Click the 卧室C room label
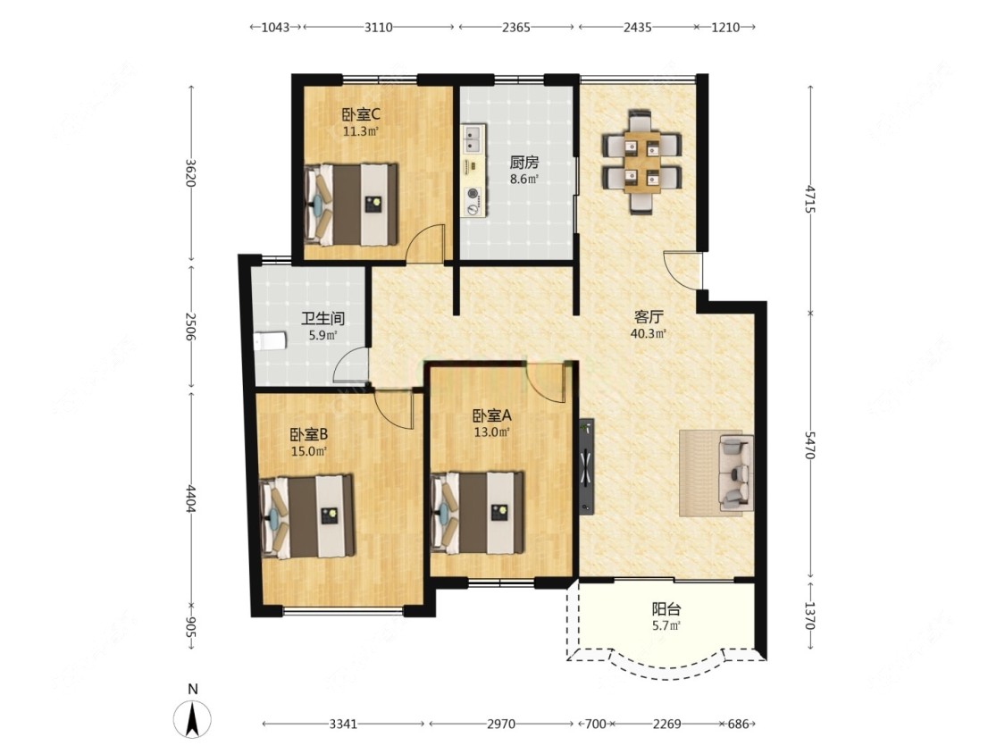[360, 114]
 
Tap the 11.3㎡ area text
[360, 132]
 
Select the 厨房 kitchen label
[523, 163]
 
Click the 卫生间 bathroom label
[323, 318]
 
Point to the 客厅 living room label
[648, 317]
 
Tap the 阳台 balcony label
[666, 609]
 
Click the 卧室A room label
[491, 415]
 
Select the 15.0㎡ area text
[309, 451]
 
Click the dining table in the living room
[641, 163]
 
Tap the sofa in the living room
[736, 473]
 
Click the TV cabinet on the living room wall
[586, 466]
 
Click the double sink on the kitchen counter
[473, 139]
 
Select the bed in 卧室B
[307, 516]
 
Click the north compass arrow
[192, 719]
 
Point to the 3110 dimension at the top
[378, 27]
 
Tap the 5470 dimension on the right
[810, 445]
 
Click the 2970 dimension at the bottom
[500, 724]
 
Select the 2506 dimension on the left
[189, 326]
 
